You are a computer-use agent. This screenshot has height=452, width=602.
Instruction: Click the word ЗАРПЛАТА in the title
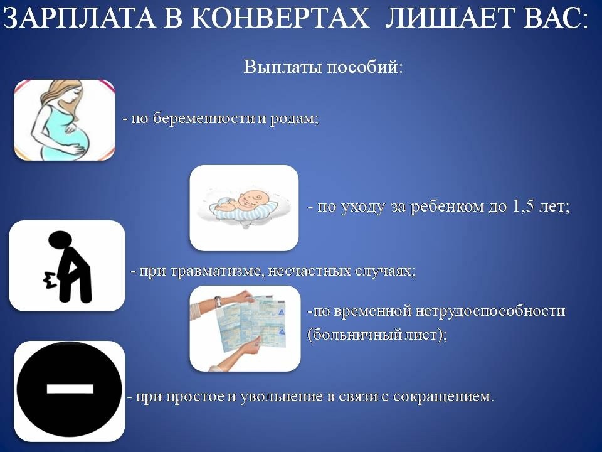pyautogui.click(x=80, y=18)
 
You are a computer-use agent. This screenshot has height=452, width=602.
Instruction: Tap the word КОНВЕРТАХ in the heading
pyautogui.click(x=280, y=18)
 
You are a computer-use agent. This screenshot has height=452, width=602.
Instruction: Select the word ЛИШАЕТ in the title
pyautogui.click(x=448, y=18)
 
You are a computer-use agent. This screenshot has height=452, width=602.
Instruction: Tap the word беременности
pyautogui.click(x=204, y=119)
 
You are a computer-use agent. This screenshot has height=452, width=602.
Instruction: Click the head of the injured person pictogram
pyautogui.click(x=60, y=240)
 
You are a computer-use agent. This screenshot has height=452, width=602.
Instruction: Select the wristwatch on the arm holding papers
pyautogui.click(x=218, y=302)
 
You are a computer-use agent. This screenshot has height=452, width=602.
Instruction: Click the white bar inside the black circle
pyautogui.click(x=70, y=389)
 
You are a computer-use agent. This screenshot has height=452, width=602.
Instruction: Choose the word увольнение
pyautogui.click(x=282, y=396)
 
